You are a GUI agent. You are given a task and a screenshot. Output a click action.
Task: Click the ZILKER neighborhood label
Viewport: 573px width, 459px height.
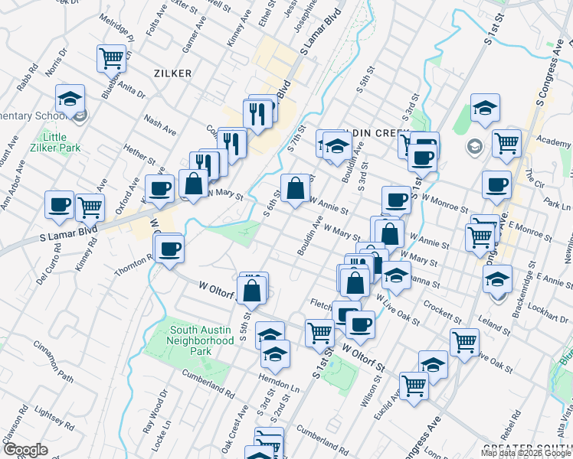tap(171, 73)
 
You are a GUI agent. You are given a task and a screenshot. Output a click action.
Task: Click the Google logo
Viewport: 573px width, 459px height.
tap(25, 450)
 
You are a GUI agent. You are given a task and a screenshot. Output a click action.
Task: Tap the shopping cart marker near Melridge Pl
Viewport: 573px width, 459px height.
tap(111, 57)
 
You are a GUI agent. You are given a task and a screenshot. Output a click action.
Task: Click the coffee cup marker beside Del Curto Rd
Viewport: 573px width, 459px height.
tap(59, 204)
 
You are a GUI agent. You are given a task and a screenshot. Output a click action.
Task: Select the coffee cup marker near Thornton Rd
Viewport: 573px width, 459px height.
tap(170, 248)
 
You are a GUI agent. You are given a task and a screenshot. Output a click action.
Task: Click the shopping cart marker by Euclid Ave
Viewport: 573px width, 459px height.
tap(414, 385)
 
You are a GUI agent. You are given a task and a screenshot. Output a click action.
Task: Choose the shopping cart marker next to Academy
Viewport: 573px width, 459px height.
tap(506, 142)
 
